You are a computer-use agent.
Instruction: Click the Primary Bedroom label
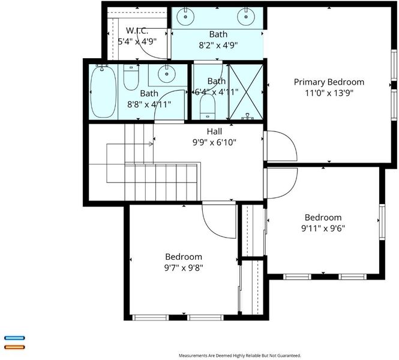(x=329, y=82)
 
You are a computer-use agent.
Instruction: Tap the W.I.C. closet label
(x=137, y=31)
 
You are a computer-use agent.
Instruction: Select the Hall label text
(x=214, y=131)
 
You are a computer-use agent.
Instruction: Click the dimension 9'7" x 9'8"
(x=184, y=268)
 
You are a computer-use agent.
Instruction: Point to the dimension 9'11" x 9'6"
(x=323, y=228)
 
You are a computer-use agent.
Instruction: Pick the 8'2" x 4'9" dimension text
(x=218, y=45)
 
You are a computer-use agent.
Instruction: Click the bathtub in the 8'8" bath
(x=103, y=91)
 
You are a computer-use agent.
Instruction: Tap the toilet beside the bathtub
(x=131, y=77)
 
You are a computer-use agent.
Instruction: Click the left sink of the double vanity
(x=185, y=16)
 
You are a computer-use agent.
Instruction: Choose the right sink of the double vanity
(x=246, y=16)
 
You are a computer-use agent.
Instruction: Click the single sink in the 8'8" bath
(x=167, y=74)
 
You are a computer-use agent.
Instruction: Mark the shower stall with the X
(x=246, y=92)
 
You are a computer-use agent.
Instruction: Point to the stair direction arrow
(x=151, y=144)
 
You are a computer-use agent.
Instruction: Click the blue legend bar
(x=14, y=338)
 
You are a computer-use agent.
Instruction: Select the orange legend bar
(x=14, y=347)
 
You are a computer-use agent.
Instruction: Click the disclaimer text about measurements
(x=240, y=355)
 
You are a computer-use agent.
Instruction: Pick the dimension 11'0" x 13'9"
(x=329, y=93)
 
